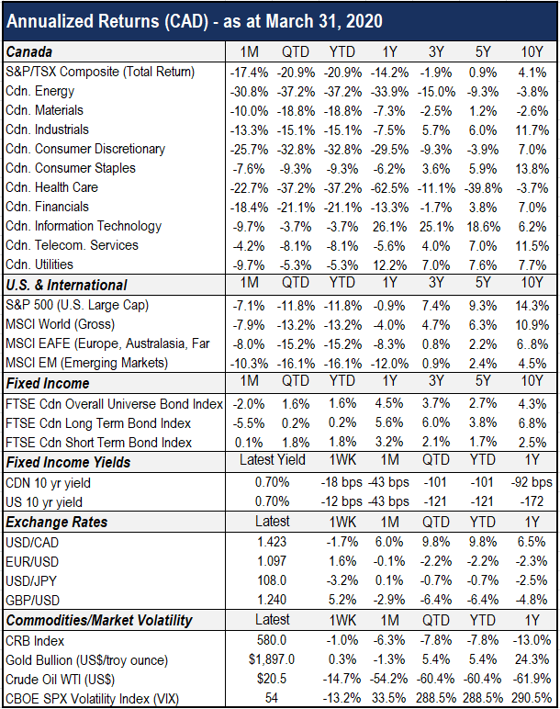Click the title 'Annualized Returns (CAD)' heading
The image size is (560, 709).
pos(107,22)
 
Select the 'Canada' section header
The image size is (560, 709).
pos(29,52)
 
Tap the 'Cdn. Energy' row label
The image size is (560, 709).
pos(39,91)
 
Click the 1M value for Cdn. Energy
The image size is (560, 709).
pos(249,92)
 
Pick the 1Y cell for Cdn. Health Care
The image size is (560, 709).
pos(389,188)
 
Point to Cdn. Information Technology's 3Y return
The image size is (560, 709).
pos(436,227)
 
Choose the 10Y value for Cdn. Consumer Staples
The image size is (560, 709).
pos(532,169)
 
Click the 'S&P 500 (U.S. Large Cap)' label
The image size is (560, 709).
pos(77,305)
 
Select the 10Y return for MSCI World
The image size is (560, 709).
pos(532,325)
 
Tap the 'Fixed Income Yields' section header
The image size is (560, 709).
pos(68,463)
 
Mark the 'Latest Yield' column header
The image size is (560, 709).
pos(272,460)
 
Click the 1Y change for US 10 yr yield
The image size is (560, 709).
pos(532,501)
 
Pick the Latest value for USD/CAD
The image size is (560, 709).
pos(272,542)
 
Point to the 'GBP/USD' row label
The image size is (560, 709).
pos(32,601)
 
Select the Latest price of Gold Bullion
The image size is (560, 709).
pos(272,659)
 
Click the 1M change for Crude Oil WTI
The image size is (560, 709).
pos(389,680)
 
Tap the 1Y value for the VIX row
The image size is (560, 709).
pos(532,699)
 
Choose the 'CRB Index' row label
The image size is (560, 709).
pos(35,641)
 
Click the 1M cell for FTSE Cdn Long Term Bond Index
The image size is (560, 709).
pos(249,423)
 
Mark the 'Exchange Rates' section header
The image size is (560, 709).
pos(57,523)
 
